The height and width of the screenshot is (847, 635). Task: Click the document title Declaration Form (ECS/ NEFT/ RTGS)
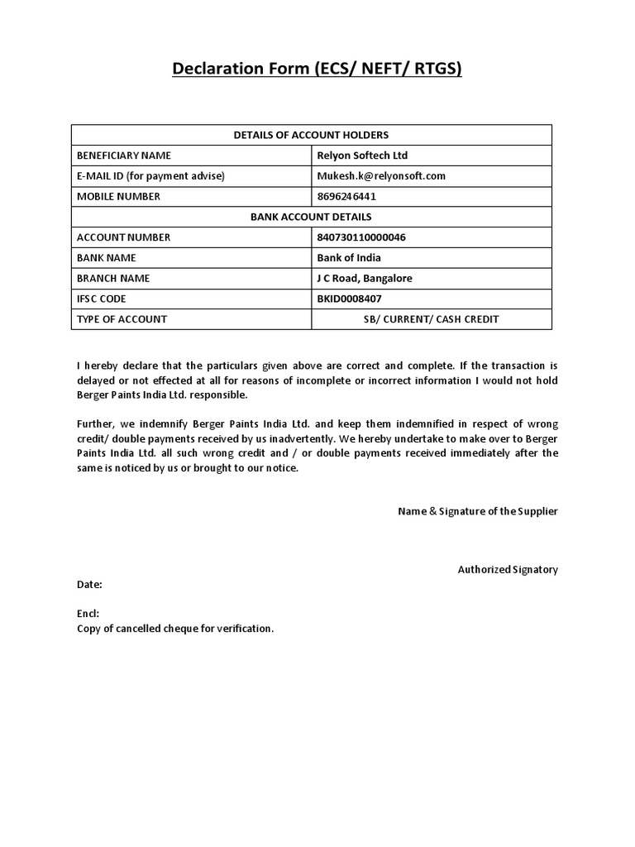pyautogui.click(x=317, y=69)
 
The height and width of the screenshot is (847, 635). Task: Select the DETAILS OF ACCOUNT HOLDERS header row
pyautogui.click(x=311, y=135)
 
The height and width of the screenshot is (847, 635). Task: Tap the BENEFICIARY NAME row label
pyautogui.click(x=124, y=156)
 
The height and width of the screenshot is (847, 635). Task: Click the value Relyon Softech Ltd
pyautogui.click(x=362, y=156)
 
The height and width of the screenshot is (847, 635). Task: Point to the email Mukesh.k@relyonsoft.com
pyautogui.click(x=381, y=176)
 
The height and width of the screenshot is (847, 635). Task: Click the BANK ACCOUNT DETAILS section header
pyautogui.click(x=311, y=217)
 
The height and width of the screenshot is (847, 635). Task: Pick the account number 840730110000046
pyautogui.click(x=361, y=237)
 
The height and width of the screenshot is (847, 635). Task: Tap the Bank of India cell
pyautogui.click(x=349, y=258)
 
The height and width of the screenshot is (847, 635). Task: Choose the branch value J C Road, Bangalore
pyautogui.click(x=365, y=279)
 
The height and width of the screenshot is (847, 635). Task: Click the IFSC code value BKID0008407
pyautogui.click(x=350, y=299)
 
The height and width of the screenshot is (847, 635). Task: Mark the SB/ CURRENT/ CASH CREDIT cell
pyautogui.click(x=431, y=319)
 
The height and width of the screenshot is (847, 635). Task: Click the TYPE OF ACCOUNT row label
pyautogui.click(x=122, y=319)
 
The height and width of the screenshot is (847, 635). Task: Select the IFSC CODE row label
pyautogui.click(x=102, y=299)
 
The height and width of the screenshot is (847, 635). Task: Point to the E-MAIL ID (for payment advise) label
pyautogui.click(x=150, y=176)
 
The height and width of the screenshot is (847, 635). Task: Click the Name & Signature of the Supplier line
pyautogui.click(x=478, y=511)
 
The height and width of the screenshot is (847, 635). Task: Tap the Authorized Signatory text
pyautogui.click(x=508, y=569)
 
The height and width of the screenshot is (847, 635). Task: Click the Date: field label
pyautogui.click(x=89, y=585)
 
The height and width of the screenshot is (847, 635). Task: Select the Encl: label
pyautogui.click(x=88, y=614)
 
